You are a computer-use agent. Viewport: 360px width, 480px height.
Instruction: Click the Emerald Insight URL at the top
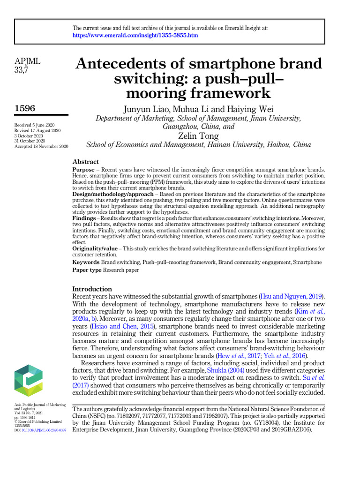click(135, 36)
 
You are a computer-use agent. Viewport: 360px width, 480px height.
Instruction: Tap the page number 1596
click(25, 108)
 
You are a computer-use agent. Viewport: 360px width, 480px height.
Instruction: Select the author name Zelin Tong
click(199, 136)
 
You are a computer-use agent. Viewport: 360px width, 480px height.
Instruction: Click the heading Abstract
click(85, 162)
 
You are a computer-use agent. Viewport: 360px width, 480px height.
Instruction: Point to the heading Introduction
click(92, 289)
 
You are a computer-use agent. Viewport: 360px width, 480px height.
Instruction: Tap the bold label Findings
click(84, 219)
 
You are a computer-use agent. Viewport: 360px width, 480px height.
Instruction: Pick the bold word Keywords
click(86, 262)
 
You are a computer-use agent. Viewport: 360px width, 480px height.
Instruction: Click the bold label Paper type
click(87, 270)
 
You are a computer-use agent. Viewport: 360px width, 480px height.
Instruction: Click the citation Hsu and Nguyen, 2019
click(291, 297)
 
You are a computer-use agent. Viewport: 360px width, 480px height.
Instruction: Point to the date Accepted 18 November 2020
click(41, 146)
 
